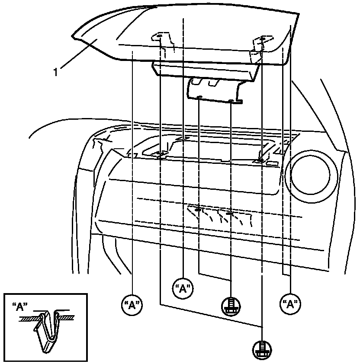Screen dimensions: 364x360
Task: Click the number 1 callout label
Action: click(55, 72)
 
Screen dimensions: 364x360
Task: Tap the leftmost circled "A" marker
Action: click(131, 305)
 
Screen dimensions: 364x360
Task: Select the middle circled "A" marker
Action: click(183, 288)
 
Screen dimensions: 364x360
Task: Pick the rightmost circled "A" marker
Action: click(290, 304)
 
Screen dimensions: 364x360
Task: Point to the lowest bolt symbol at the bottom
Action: click(261, 348)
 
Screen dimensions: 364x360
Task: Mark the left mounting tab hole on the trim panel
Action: click(159, 36)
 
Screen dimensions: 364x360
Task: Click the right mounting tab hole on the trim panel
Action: click(262, 39)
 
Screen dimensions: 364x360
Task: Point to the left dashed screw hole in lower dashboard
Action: click(198, 210)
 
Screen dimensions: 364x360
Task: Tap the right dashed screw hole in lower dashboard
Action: click(230, 214)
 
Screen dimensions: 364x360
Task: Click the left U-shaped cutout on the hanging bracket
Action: click(197, 82)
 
